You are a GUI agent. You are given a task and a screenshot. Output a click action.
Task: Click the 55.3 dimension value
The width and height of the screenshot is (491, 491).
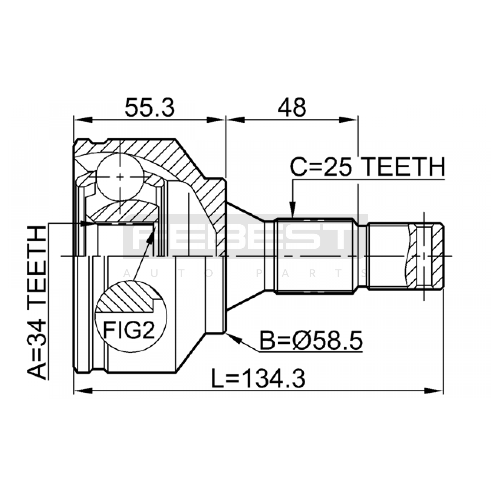(x=150, y=107)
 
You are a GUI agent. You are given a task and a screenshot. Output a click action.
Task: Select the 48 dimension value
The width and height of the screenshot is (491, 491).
(x=292, y=107)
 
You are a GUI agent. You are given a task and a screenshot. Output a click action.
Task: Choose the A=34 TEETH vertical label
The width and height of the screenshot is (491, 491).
(x=37, y=302)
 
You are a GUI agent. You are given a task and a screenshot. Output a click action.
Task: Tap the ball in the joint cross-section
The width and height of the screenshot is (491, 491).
(x=120, y=177)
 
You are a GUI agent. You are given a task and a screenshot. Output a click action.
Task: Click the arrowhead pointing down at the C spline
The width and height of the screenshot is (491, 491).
(x=292, y=210)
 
